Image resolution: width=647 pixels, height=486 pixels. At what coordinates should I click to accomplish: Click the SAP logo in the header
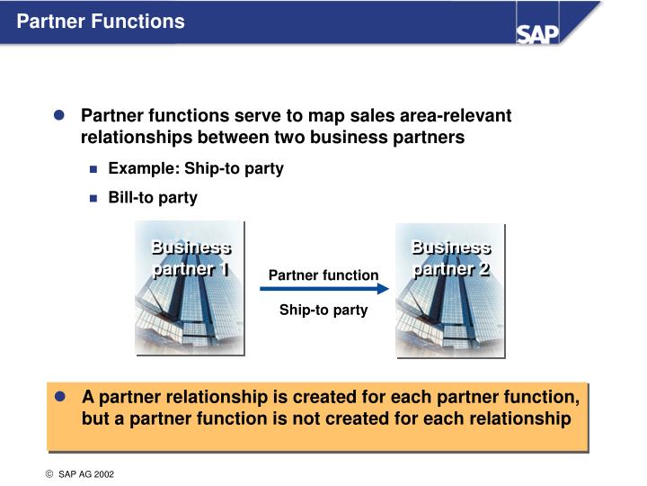coord(537,32)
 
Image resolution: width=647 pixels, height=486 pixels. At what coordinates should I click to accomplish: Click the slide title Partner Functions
coord(101,21)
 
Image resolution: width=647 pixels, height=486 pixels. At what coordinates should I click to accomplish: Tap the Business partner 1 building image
coord(190,287)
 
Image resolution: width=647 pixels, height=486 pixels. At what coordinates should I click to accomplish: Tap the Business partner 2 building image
coord(450,287)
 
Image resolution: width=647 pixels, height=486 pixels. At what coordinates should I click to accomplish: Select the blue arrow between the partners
coord(324,289)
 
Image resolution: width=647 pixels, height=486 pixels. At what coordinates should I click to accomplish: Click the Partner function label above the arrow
coord(323,274)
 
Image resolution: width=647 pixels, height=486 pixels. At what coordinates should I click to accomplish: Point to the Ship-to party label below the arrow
coord(323,310)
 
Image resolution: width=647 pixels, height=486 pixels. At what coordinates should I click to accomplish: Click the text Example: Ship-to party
coord(196,168)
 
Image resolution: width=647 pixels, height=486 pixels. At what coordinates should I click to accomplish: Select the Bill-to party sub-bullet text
coord(153,197)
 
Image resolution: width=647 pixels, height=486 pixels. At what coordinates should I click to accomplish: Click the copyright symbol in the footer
coord(50,473)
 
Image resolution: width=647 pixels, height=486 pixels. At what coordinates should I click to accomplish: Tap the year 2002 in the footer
coord(104,473)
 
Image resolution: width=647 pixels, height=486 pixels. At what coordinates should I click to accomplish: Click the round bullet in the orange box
coord(61,397)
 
